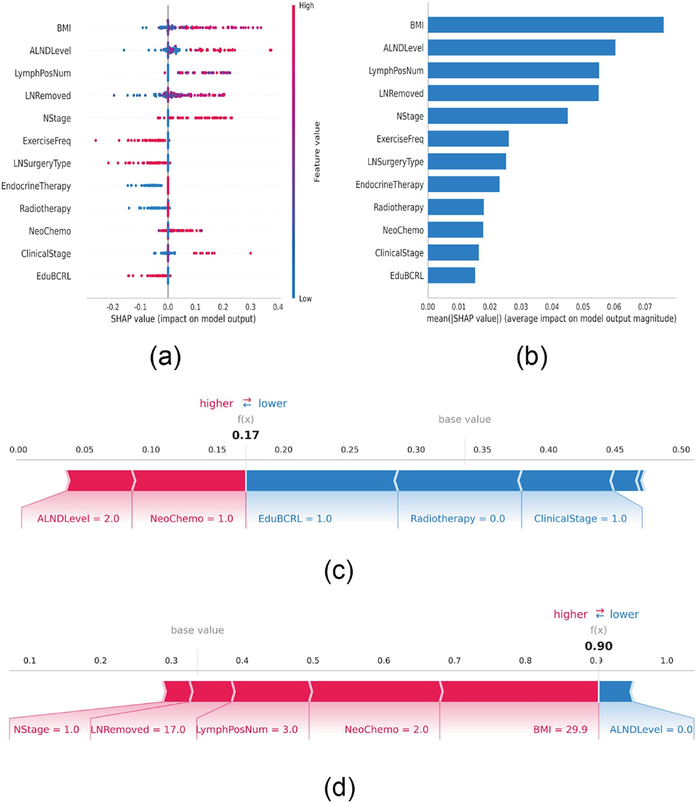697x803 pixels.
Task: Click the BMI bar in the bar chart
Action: pyautogui.click(x=545, y=25)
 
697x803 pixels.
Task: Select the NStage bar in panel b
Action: pyautogui.click(x=497, y=116)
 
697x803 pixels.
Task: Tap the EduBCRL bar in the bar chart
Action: pyautogui.click(x=451, y=275)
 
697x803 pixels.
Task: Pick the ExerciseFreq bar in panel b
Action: pyautogui.click(x=468, y=138)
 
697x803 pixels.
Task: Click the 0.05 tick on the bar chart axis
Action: pyautogui.click(x=583, y=307)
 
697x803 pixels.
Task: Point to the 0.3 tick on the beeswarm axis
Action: pyautogui.click(x=250, y=307)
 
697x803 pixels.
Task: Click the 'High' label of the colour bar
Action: pyautogui.click(x=306, y=6)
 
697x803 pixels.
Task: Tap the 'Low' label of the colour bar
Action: pyautogui.click(x=305, y=299)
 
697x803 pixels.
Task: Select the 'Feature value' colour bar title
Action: pyautogui.click(x=317, y=152)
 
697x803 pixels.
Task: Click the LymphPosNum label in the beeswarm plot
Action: pyautogui.click(x=42, y=73)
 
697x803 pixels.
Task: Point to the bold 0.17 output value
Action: pyautogui.click(x=245, y=435)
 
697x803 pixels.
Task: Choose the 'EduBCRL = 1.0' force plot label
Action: pyautogui.click(x=295, y=519)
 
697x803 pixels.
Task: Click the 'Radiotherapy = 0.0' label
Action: pyautogui.click(x=457, y=519)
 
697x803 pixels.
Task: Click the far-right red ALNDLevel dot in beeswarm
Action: pyautogui.click(x=271, y=50)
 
